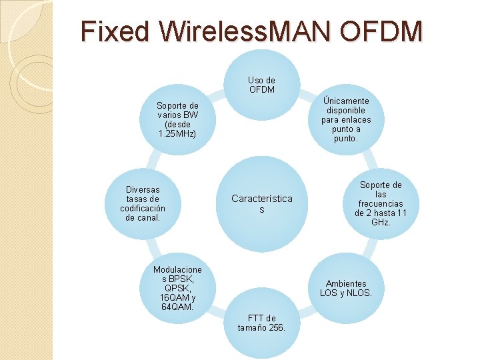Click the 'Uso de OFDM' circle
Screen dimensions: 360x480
tap(261, 84)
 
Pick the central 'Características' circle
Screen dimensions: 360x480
tap(261, 203)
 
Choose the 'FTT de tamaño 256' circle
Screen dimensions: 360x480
tap(261, 323)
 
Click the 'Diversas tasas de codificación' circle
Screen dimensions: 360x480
tap(143, 203)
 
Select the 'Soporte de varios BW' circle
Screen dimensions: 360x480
tap(177, 119)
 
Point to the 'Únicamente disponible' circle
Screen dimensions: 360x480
tap(345, 119)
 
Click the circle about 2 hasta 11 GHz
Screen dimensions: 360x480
tap(381, 203)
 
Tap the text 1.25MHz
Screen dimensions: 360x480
tap(177, 133)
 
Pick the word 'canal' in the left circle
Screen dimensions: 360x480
tap(150, 217)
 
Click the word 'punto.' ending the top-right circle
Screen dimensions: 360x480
tap(345, 139)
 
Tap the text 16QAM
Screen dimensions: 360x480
tap(172, 297)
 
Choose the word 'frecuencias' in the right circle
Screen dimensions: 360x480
tap(381, 203)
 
